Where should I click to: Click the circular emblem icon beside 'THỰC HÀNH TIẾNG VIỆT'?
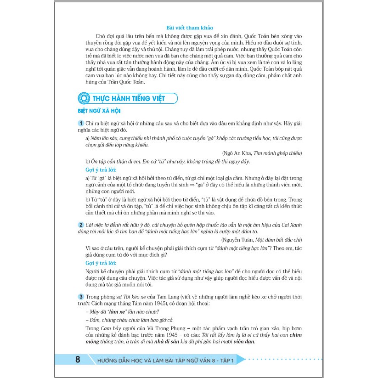click(x=83, y=98)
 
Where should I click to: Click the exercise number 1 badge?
click(x=81, y=123)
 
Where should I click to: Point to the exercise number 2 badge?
click(x=81, y=225)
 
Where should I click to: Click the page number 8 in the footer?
click(x=78, y=360)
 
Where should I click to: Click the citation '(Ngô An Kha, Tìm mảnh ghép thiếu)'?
click(x=261, y=153)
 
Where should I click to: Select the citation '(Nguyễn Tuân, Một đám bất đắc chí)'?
click(x=262, y=240)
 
